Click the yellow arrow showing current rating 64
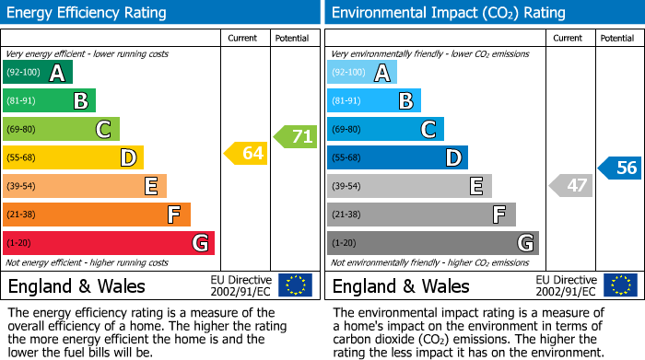(x=246, y=154)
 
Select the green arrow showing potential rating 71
(x=295, y=137)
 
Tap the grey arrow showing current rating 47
(x=570, y=185)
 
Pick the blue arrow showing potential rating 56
(x=619, y=168)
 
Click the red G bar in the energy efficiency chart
(x=109, y=243)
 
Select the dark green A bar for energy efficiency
(x=38, y=73)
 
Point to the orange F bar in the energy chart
(x=97, y=215)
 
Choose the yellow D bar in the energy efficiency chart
(x=73, y=157)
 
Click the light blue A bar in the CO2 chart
(x=362, y=73)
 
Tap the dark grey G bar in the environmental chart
(x=432, y=243)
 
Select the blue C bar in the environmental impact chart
(x=385, y=129)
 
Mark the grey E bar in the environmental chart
(x=409, y=186)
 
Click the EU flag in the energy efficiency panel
(x=295, y=285)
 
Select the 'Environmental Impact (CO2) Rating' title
(x=448, y=13)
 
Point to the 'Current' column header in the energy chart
(x=242, y=38)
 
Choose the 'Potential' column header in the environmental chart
(x=617, y=38)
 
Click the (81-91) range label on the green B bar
(x=23, y=101)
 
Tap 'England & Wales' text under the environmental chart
(x=401, y=285)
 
